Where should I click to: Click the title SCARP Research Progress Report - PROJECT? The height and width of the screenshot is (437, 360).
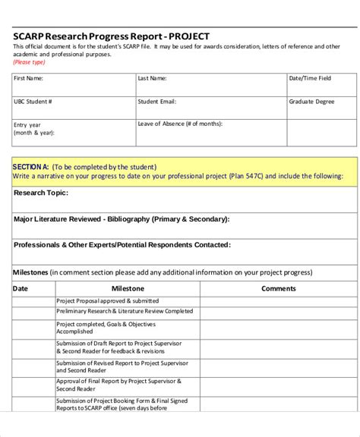tap(111, 36)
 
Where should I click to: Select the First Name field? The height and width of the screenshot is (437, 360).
tap(73, 83)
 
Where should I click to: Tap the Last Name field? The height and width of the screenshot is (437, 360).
tap(210, 83)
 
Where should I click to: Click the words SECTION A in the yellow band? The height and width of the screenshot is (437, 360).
tap(31, 167)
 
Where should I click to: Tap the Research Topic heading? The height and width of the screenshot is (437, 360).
tap(41, 193)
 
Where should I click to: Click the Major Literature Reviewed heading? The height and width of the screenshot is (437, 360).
tap(122, 218)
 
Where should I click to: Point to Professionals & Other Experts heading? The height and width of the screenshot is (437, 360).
tap(122, 245)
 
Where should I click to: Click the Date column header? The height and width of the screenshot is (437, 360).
tap(21, 288)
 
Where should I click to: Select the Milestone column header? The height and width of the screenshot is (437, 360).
tap(128, 288)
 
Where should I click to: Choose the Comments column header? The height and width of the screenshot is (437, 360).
tap(279, 288)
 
